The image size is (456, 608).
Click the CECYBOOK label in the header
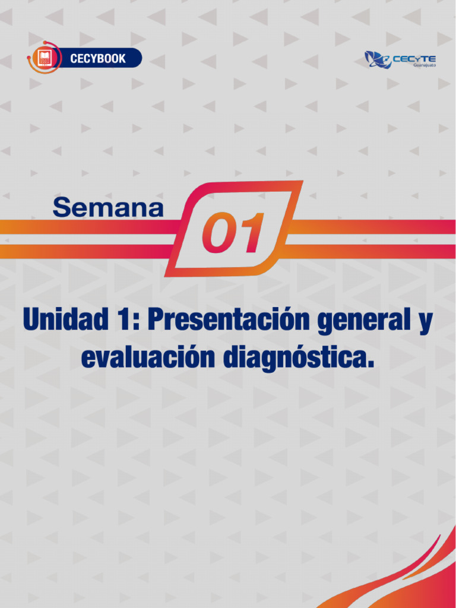coord(98,59)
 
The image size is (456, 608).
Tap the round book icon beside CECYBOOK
coord(44,58)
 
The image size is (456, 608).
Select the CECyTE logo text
coord(415,58)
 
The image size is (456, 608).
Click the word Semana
coord(108,208)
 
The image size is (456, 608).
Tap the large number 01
coord(232,233)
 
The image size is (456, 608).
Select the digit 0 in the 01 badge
coord(218,233)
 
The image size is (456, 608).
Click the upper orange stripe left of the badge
coord(89,227)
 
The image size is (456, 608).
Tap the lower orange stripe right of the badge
coord(368,251)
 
